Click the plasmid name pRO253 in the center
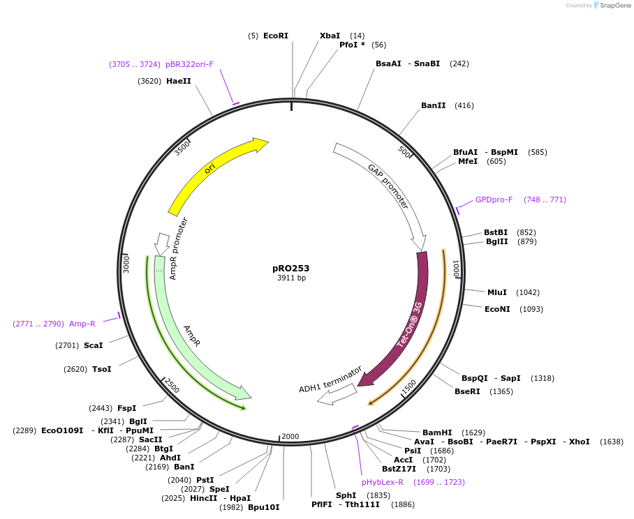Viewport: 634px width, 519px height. tap(291, 268)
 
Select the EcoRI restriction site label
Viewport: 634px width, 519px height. tap(275, 36)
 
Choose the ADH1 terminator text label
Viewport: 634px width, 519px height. tap(330, 379)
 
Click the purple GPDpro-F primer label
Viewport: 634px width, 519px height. tap(494, 200)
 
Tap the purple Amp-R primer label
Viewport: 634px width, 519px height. tap(82, 324)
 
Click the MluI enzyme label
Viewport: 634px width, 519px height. tap(497, 292)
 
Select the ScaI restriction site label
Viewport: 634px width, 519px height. tap(93, 345)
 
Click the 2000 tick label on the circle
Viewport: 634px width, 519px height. tap(290, 437)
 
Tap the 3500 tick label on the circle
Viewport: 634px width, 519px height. tap(182, 148)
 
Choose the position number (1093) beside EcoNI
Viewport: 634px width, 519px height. tap(531, 309)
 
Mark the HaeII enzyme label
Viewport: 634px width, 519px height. tap(178, 81)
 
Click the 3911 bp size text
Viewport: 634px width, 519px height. tap(291, 278)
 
